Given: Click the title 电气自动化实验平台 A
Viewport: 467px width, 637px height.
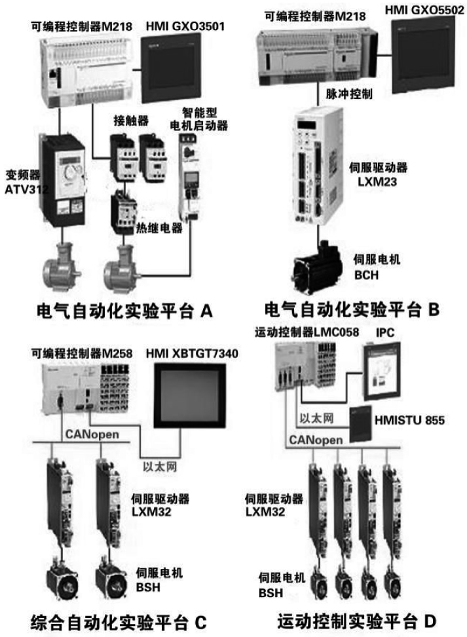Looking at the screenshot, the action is [126, 309].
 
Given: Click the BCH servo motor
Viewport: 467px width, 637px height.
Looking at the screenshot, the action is [318, 265].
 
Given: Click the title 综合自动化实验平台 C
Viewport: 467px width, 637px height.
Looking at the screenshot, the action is [119, 620].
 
